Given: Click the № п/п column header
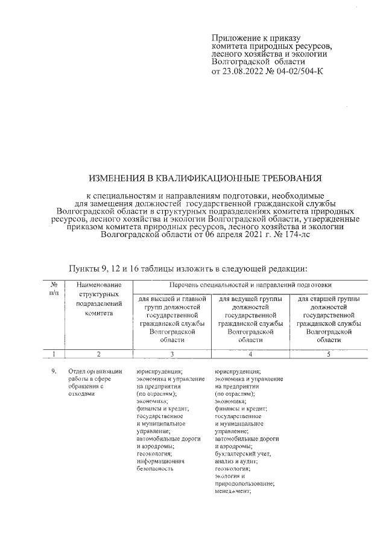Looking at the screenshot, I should (54, 288).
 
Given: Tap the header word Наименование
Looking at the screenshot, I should (100, 284).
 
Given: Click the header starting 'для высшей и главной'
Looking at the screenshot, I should (172, 299).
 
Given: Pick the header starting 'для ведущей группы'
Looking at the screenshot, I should (250, 299).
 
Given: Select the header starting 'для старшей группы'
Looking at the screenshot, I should (329, 299).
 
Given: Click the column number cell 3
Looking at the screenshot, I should (172, 354).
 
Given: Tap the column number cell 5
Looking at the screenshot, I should (329, 354).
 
